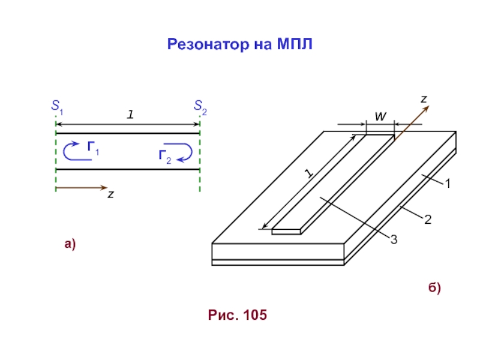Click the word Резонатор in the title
[x=208, y=44]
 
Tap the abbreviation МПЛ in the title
[x=295, y=44]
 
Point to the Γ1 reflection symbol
[x=93, y=148]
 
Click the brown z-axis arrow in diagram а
[x=82, y=187]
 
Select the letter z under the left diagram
[x=111, y=194]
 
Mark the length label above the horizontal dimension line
[x=130, y=115]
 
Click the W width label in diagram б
[x=380, y=116]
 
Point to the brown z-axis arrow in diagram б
[x=412, y=122]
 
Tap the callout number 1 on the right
[x=448, y=184]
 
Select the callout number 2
[x=428, y=220]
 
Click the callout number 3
[x=394, y=239]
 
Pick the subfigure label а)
[x=70, y=244]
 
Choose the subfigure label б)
[x=434, y=288]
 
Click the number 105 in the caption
[x=255, y=315]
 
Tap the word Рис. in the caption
[x=223, y=315]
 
